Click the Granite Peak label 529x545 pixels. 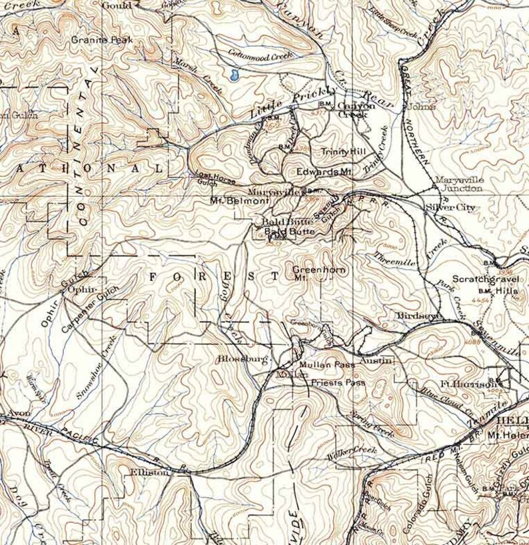(x=103, y=40)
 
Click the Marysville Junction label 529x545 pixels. (x=459, y=184)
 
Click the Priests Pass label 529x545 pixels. (x=338, y=383)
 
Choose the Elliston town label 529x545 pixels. (x=151, y=471)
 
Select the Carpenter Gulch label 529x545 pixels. (x=89, y=310)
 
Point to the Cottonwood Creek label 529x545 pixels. (x=261, y=56)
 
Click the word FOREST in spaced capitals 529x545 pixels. (x=211, y=276)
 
